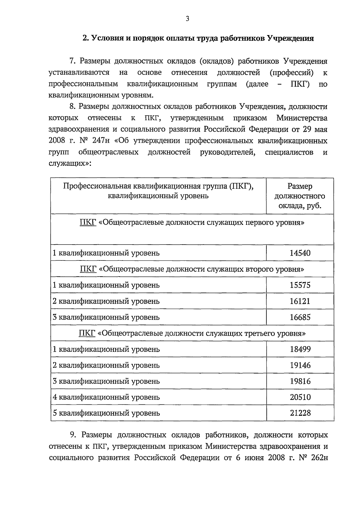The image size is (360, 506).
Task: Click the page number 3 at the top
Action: coord(187,19)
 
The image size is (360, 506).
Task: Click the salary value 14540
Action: coord(300,253)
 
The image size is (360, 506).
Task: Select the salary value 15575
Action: coord(300,285)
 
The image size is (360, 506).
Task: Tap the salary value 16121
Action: coord(300,301)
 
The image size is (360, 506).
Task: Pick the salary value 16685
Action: coord(300,317)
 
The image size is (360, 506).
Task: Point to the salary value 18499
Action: coord(300,349)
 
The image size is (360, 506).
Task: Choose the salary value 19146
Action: coord(300,365)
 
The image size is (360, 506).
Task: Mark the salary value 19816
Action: coord(300,381)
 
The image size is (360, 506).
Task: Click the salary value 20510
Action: coord(300,397)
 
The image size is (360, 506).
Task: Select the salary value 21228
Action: coord(300,413)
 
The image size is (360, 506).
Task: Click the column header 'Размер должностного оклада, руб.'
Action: coord(300,196)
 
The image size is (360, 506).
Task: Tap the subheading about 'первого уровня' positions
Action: coord(192,223)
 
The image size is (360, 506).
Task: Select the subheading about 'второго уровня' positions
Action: coord(192,269)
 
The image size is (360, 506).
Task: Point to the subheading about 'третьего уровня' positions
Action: coord(192,333)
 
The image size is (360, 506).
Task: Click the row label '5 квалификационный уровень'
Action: coord(106,413)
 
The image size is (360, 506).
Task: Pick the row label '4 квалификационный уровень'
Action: coord(106,397)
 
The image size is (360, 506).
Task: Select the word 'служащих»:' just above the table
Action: coord(70,164)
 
